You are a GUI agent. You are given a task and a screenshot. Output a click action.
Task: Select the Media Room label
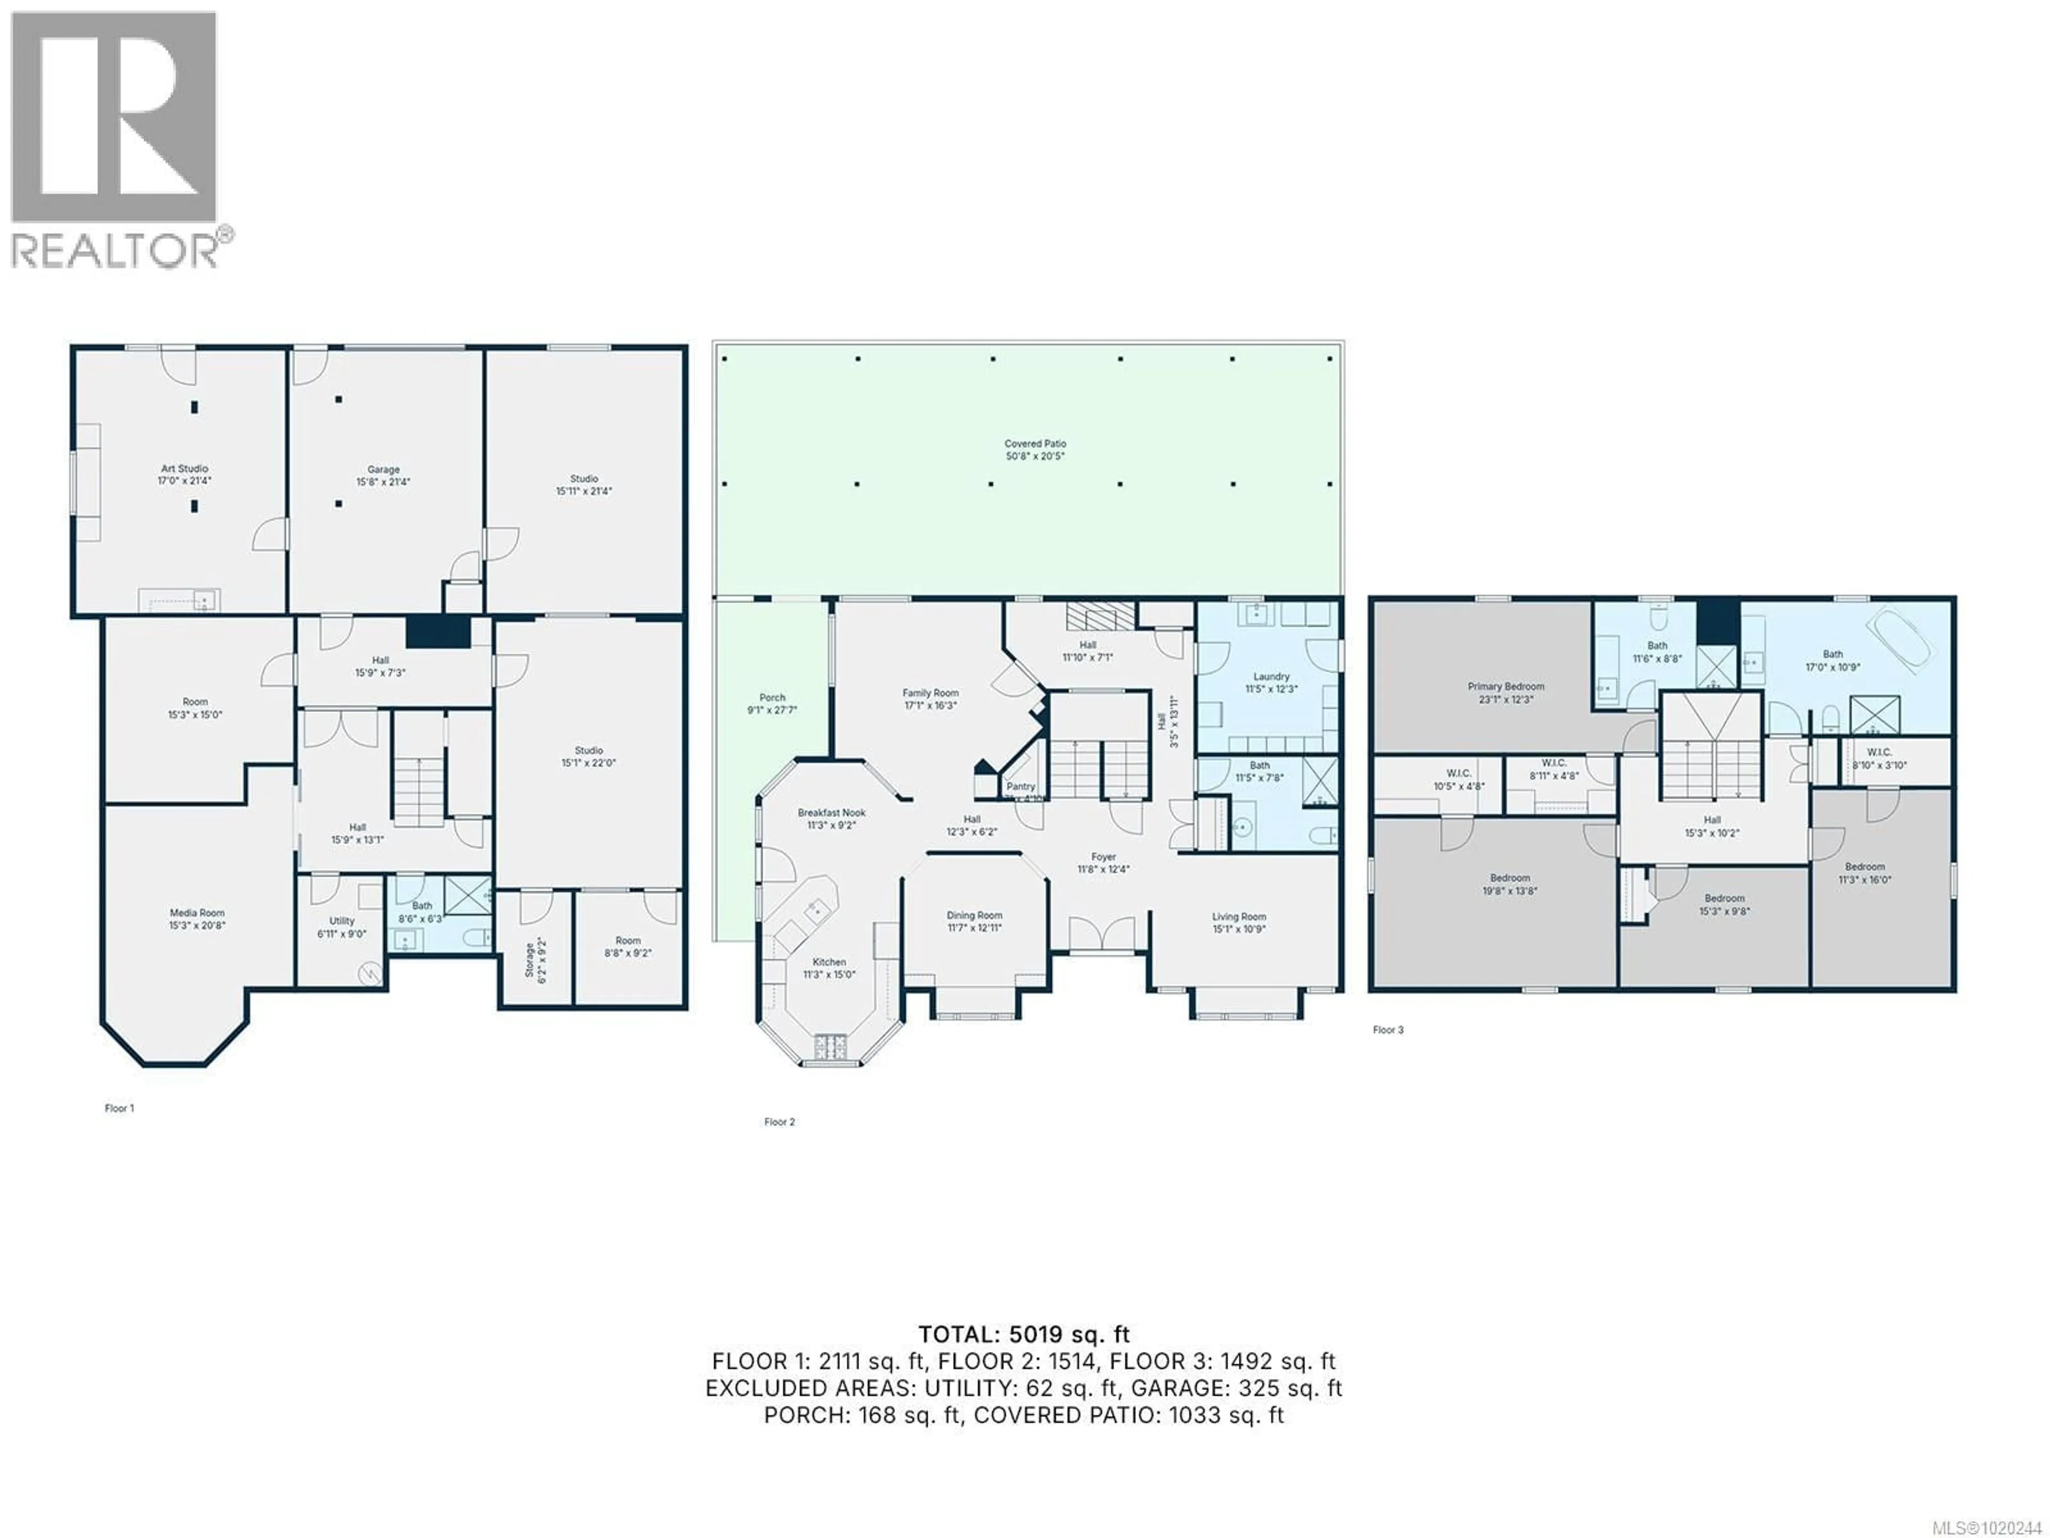[196, 913]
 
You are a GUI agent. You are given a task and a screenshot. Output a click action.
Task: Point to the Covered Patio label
[1035, 444]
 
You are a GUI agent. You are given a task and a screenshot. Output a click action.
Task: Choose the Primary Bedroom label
[1506, 687]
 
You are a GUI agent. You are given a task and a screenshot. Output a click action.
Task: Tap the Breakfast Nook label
[831, 813]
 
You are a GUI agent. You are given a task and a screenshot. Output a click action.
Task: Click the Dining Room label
[974, 916]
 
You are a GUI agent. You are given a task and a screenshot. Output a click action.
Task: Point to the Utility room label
[342, 922]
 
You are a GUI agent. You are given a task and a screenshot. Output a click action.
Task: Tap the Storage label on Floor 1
[530, 960]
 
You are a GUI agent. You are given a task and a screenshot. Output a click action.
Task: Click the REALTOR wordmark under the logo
[116, 251]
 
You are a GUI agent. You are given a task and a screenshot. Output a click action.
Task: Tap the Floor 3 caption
[1387, 1030]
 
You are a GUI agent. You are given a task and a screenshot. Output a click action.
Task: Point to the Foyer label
[1103, 858]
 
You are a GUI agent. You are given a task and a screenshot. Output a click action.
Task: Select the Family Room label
[931, 694]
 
